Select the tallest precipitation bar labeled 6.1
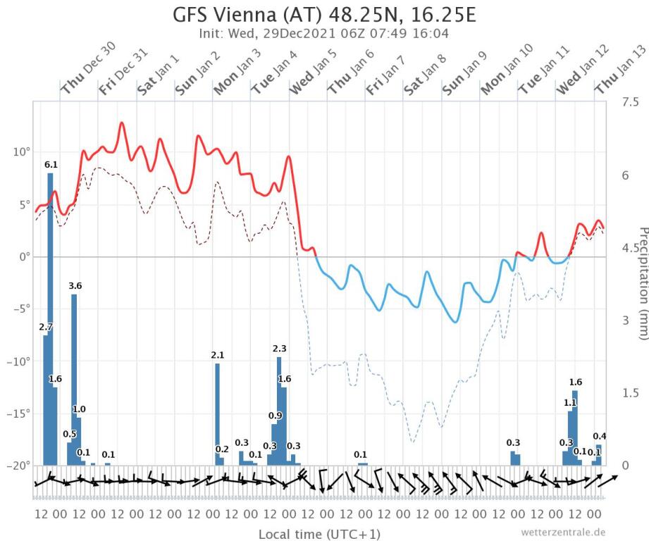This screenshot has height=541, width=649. pos(51,317)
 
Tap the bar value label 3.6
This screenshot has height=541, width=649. pos(75,286)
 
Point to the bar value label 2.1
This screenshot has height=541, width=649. pos(218,355)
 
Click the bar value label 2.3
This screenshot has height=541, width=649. pos(279,349)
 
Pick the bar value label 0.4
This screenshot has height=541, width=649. pos(600,436)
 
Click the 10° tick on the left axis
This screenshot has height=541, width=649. pos(20,152)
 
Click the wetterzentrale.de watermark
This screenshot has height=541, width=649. pos(563,532)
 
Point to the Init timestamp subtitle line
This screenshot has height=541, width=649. pos(324,33)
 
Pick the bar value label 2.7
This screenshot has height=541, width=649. pos(46,327)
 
